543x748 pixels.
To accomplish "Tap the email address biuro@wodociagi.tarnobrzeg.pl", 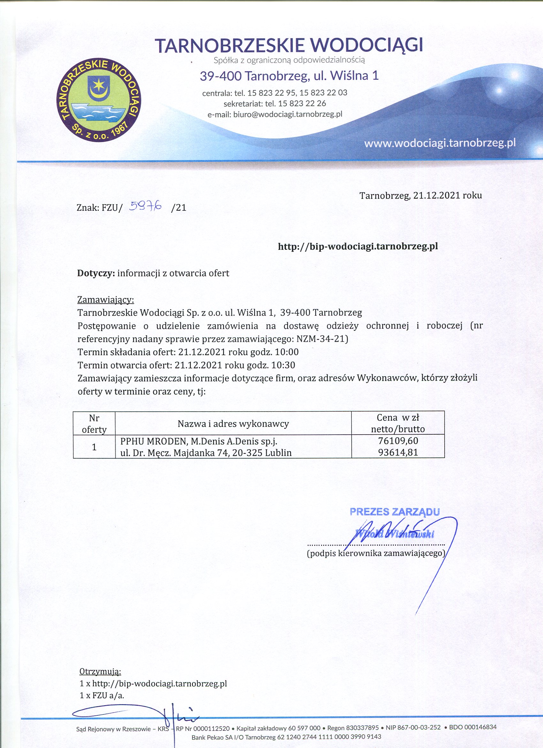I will click(288, 114).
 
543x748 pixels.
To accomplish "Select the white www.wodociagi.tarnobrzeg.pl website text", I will click(440, 143).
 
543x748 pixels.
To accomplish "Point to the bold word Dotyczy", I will click(96, 273).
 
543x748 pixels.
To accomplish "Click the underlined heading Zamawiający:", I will click(105, 300).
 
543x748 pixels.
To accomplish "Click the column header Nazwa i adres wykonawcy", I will click(233, 423).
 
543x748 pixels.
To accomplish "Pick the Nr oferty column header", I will click(94, 424).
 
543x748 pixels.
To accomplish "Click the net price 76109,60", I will click(398, 441).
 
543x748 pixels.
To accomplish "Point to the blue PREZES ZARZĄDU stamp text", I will click(394, 512).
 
